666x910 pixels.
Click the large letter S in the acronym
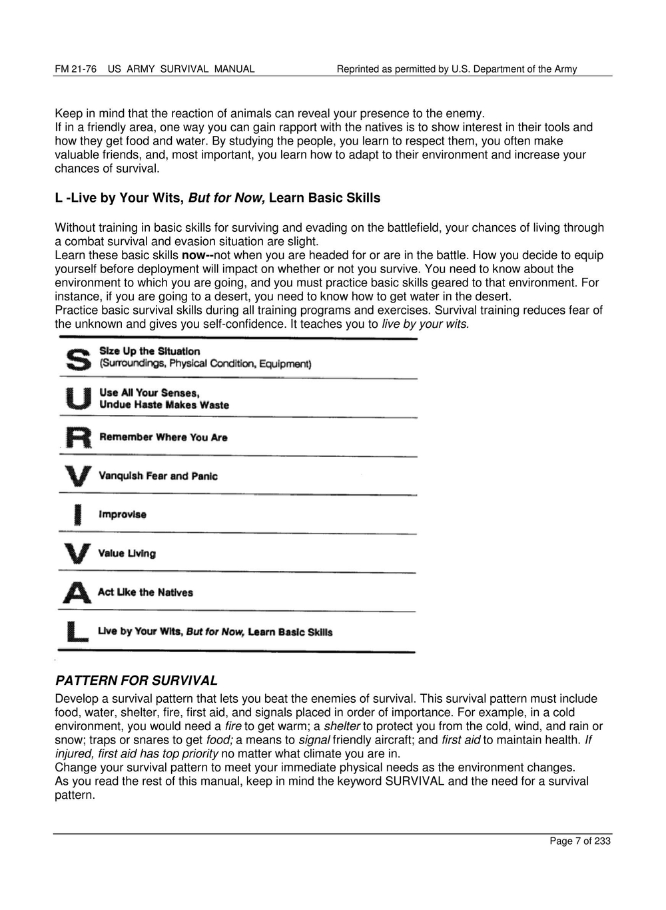pos(77,359)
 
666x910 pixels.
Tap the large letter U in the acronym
pos(77,398)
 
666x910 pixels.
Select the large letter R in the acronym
pos(77,437)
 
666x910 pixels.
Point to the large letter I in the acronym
pos(78,514)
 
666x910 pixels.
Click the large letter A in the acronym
pos(77,592)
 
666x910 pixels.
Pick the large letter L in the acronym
pos(77,632)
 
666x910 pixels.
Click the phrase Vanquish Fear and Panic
pos(158,476)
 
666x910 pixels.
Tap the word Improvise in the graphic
pos(123,514)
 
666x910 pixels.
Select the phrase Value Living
pos(127,554)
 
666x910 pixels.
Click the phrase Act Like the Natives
pos(145,592)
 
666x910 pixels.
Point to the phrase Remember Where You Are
pos(163,437)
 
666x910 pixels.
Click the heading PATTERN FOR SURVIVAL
pos(136,681)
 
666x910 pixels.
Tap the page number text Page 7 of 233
pos(579,841)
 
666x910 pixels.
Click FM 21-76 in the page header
pos(75,69)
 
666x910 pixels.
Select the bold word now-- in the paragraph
pos(197,255)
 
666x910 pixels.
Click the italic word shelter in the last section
pos(342,726)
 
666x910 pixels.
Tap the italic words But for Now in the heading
pos(226,198)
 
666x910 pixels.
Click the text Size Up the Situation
pos(149,351)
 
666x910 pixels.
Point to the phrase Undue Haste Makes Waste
pos(164,405)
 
